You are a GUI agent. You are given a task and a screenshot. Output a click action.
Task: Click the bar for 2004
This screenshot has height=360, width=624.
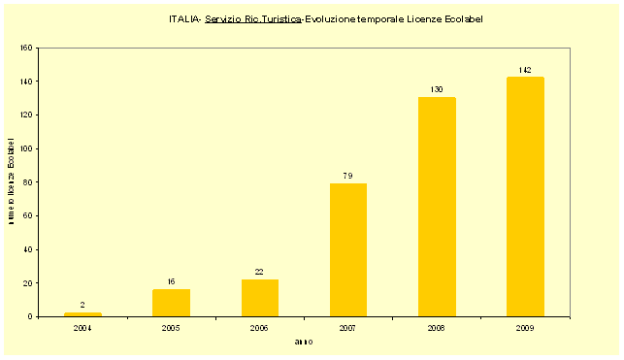coord(82,314)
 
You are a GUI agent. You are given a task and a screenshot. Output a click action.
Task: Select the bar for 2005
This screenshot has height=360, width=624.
coord(171,303)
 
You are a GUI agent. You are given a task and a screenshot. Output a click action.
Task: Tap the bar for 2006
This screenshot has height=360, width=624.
coord(259,298)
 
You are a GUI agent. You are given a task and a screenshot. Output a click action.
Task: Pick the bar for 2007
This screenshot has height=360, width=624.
coord(347,250)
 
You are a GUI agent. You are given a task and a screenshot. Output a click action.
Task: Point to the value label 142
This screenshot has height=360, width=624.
coord(525,70)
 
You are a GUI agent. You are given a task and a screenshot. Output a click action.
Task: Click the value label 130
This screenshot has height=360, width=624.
coord(437,90)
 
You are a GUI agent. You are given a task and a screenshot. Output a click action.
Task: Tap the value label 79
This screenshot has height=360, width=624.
coord(347,176)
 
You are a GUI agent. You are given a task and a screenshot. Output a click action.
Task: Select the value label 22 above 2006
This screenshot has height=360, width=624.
coord(259,272)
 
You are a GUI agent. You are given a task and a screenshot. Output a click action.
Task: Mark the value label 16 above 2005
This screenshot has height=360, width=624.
coord(171,281)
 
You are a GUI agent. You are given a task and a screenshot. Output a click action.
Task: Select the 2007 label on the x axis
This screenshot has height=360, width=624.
coord(347,328)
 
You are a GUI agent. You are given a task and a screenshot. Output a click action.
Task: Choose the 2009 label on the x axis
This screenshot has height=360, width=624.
coord(525,328)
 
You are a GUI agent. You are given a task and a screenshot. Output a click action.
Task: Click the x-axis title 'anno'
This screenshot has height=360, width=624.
coord(304,342)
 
